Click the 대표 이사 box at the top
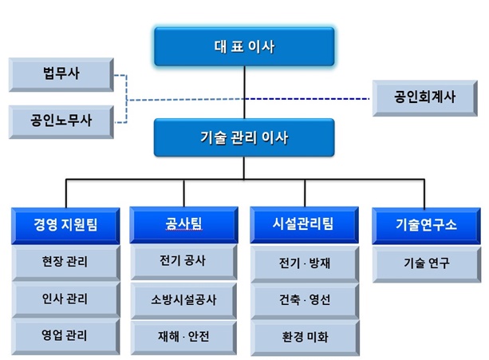244,46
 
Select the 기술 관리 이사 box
244,137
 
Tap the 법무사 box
61,74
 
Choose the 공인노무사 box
61,121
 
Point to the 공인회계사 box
424,98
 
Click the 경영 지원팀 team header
65,226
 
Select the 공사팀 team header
183,224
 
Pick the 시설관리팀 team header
305,224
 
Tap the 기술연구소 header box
426,226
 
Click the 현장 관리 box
65,263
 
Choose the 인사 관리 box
65,299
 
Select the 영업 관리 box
65,336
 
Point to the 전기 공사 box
183,262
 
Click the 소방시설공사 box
183,300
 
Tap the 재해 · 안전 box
183,338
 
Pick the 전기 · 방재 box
305,264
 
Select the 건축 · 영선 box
305,301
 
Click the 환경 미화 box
305,338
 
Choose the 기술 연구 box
427,264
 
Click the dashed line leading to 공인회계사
307,99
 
